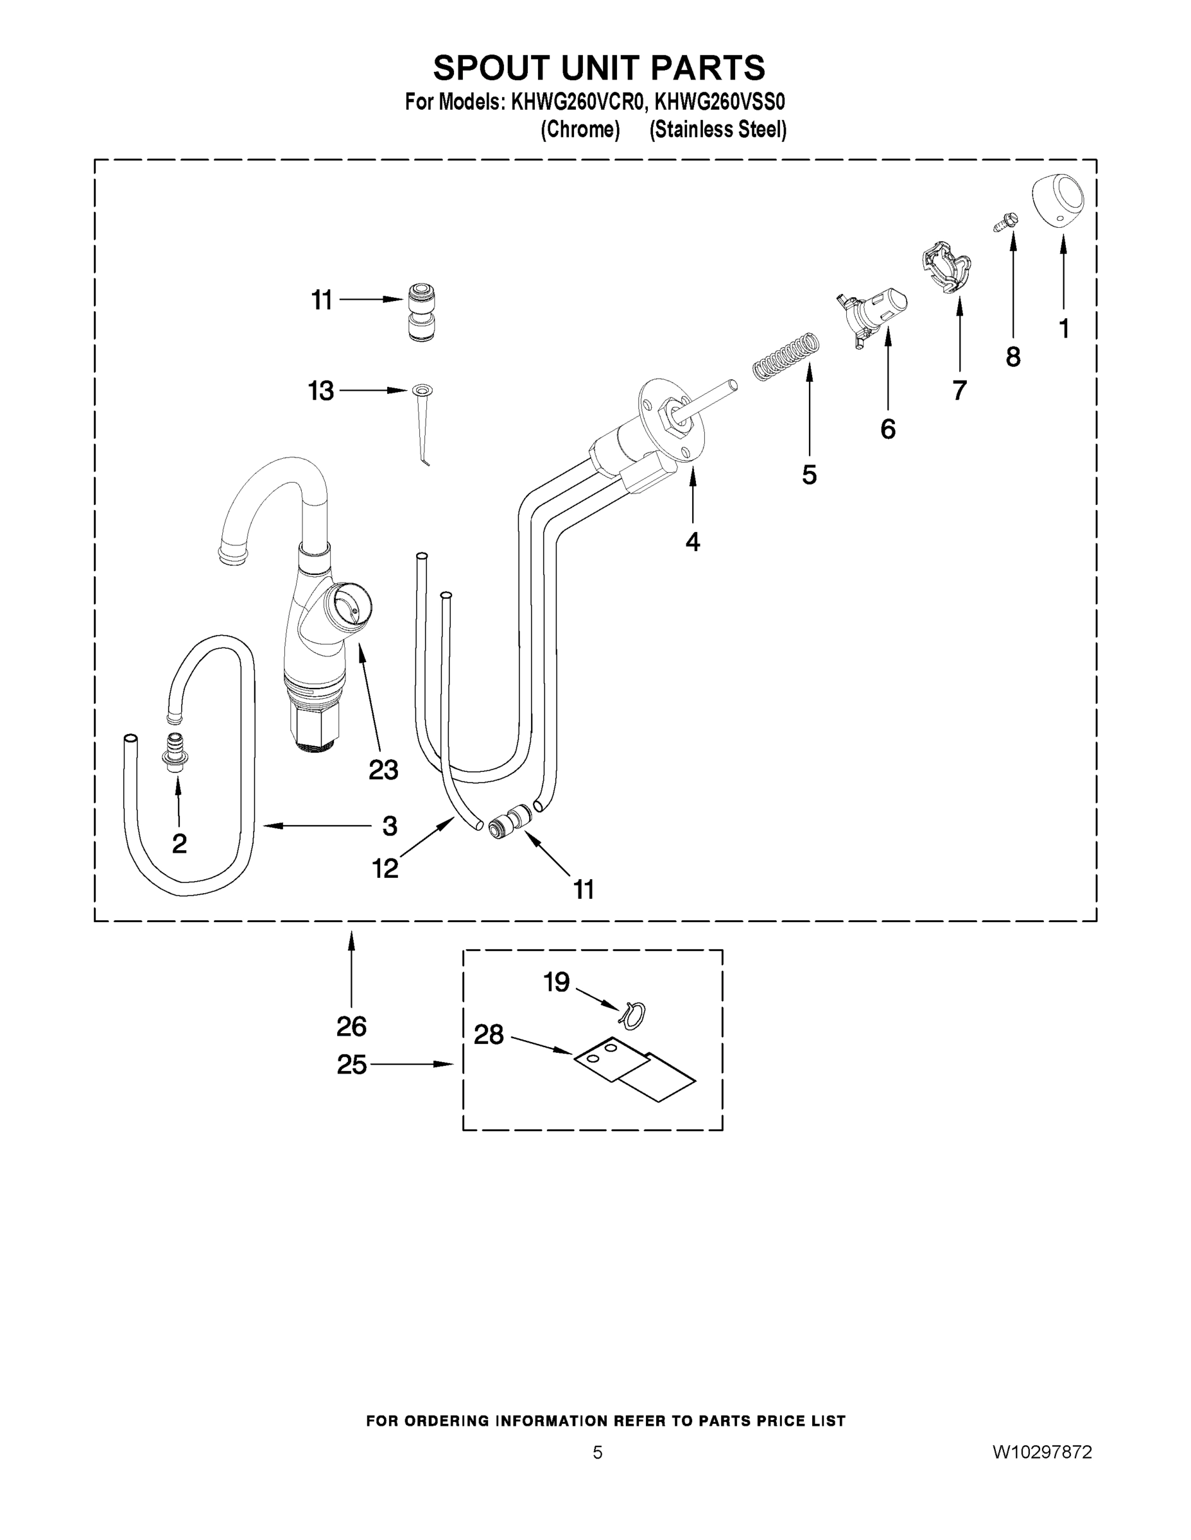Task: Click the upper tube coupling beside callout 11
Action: pyautogui.click(x=422, y=312)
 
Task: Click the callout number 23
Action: pyautogui.click(x=383, y=770)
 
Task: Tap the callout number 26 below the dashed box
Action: pyautogui.click(x=351, y=1027)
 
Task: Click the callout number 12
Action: pyautogui.click(x=385, y=869)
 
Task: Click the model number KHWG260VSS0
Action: pyautogui.click(x=720, y=102)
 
